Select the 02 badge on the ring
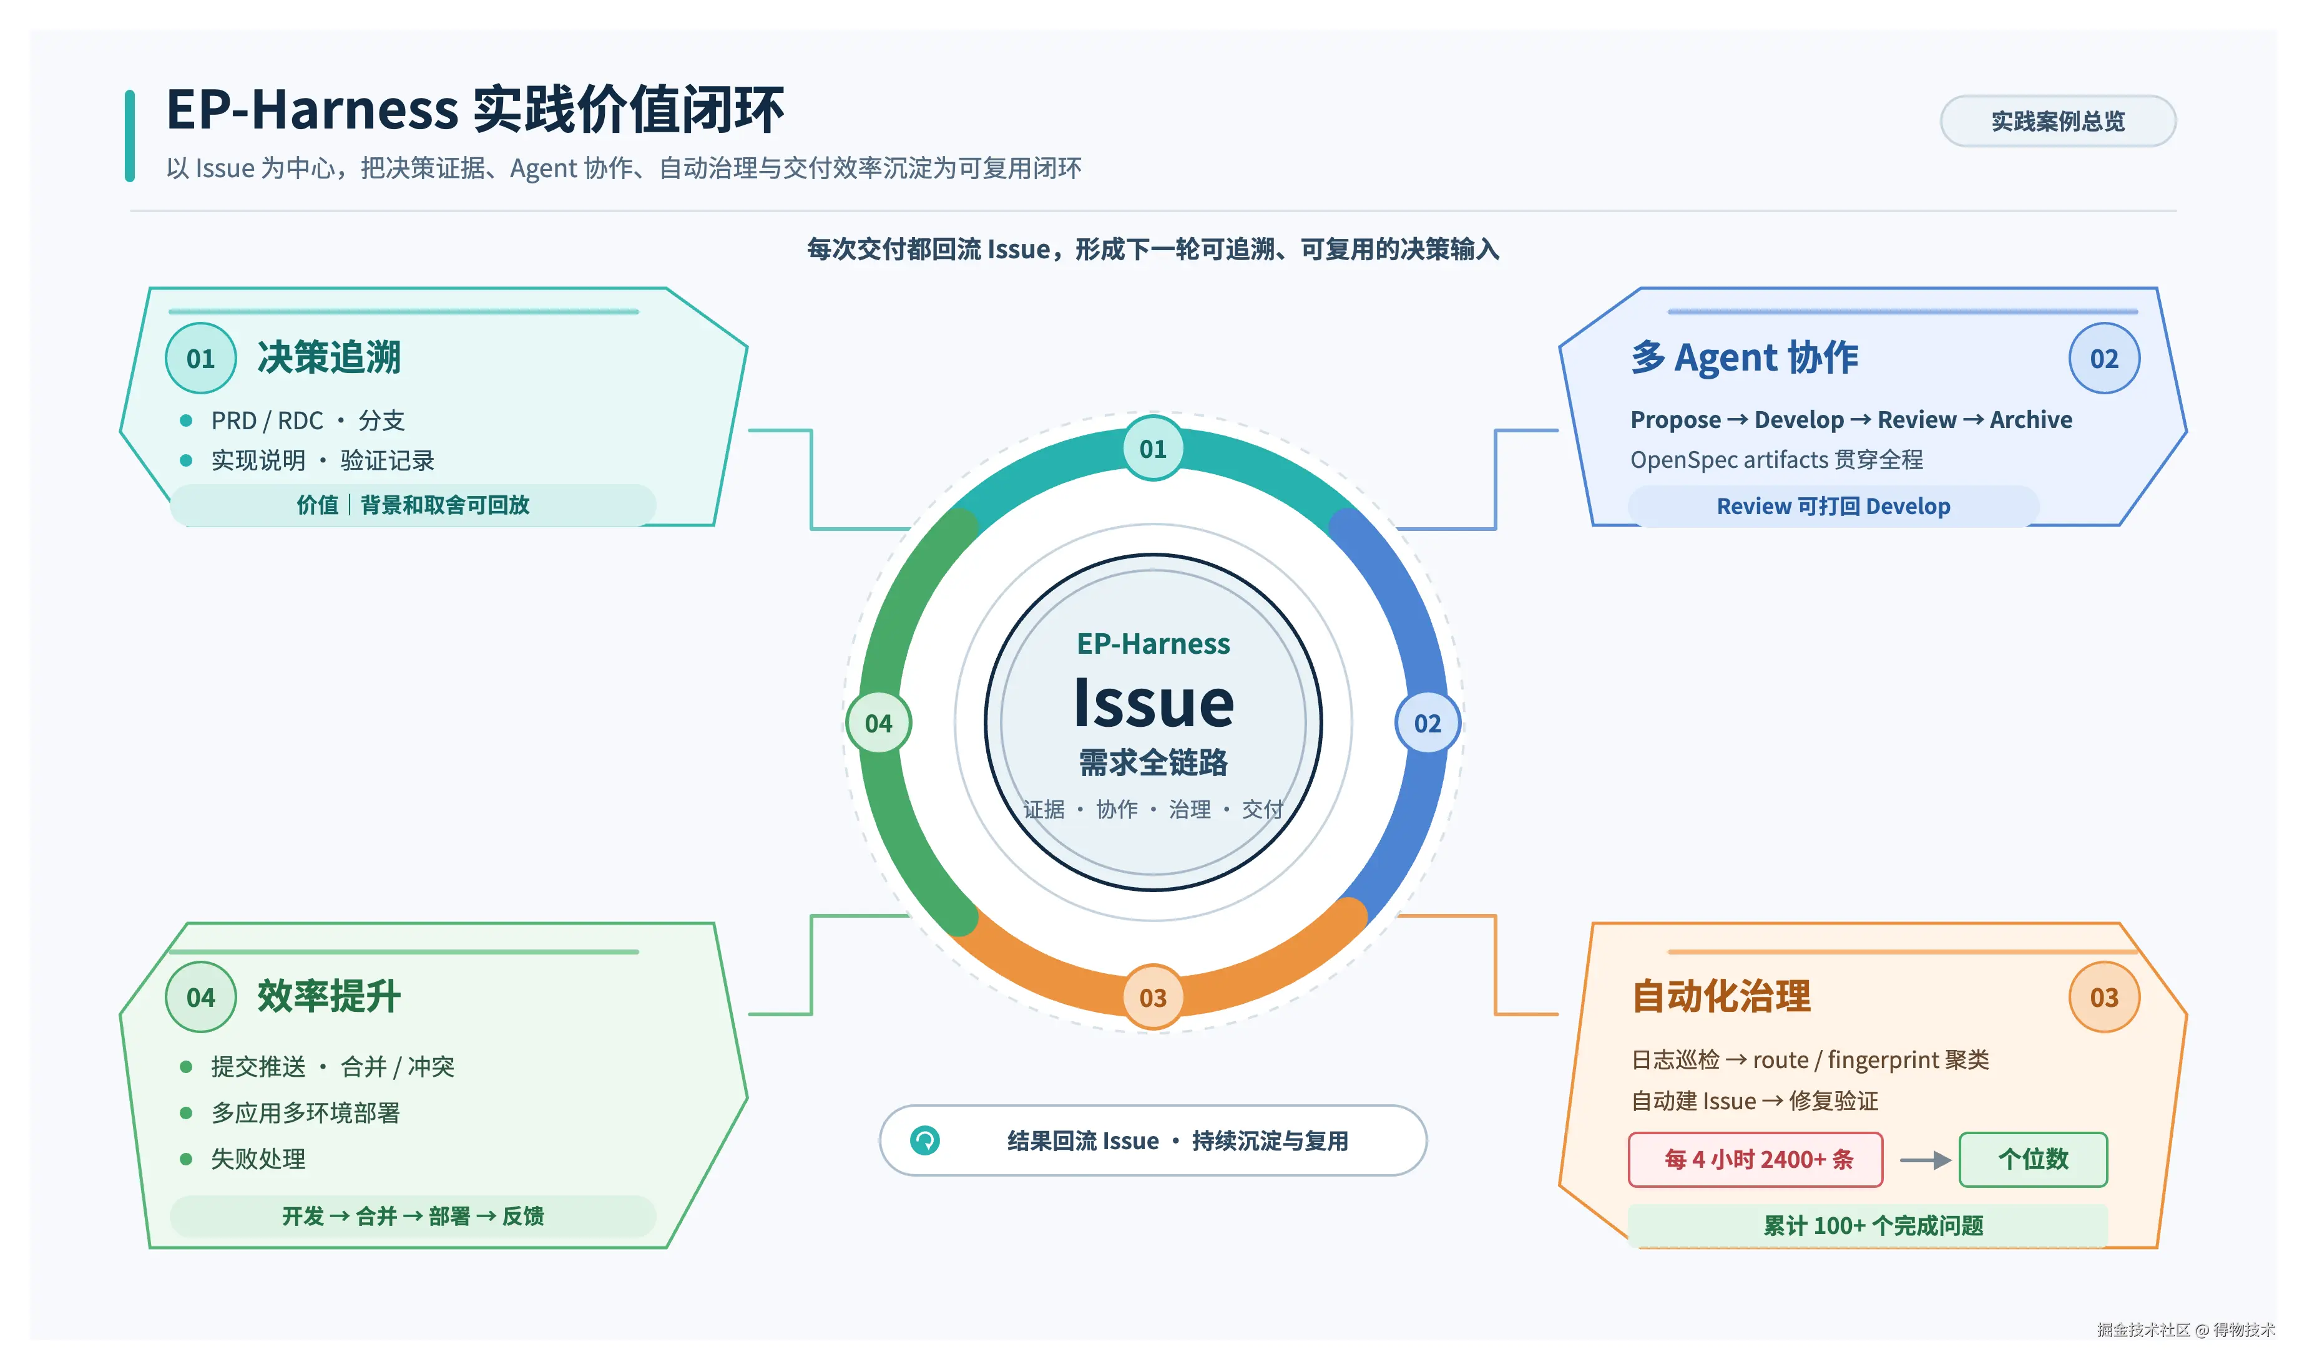[1427, 723]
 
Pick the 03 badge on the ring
[1153, 997]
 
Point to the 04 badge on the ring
[878, 723]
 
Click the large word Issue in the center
[1153, 704]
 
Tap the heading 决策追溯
[329, 357]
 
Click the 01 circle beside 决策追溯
[200, 358]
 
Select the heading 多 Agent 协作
[1743, 357]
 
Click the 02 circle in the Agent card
[2104, 358]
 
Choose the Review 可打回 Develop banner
[1833, 506]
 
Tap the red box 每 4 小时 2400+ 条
[1756, 1160]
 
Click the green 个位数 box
[2033, 1160]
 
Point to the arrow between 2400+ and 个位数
[1924, 1160]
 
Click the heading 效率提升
[329, 996]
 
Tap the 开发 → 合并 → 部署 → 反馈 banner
[413, 1216]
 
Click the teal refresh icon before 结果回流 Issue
[924, 1141]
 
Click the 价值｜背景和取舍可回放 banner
[413, 505]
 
